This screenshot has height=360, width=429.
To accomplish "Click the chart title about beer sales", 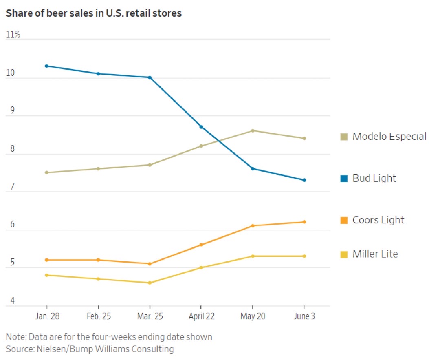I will pos(93,13).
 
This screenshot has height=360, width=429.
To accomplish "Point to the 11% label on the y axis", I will pos(13,35).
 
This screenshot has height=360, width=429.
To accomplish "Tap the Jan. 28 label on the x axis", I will pos(47,316).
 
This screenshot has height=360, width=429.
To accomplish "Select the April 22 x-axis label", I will pos(201,316).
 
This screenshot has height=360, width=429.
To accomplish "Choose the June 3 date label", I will pos(304,316).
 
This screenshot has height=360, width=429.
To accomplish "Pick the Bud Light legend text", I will pos(374,178).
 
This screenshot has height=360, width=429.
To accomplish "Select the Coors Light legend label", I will pos(378,220).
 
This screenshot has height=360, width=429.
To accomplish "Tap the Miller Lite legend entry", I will pos(375,254).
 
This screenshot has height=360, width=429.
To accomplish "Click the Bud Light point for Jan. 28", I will pos(47,66).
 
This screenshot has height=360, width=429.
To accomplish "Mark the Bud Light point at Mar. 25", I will pos(150,77).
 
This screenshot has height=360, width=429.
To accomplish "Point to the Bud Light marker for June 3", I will pos(304,180).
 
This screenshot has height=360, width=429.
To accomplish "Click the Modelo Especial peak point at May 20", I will pos(253,130).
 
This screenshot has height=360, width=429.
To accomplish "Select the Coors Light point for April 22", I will pos(201,245).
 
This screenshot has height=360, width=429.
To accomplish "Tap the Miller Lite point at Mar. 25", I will pos(150,283).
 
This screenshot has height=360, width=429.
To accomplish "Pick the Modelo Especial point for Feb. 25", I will pos(98,168).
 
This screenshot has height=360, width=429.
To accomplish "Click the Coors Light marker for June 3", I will pos(304,222).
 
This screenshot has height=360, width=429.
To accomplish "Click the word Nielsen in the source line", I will pos(49,349).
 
